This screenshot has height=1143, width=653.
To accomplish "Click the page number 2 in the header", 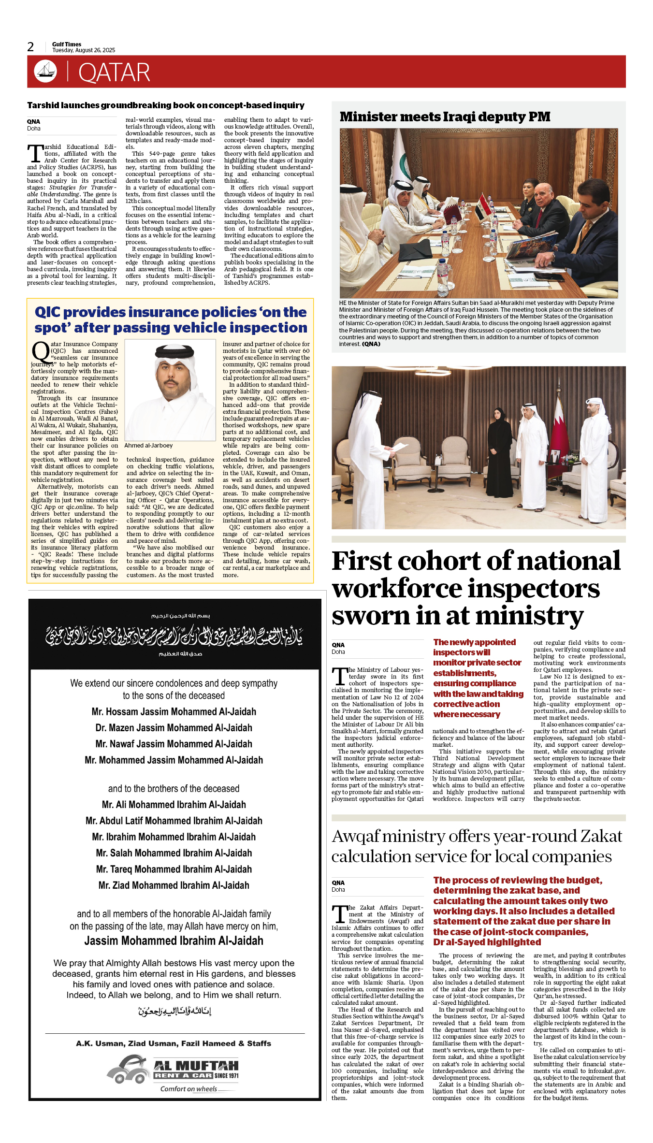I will tap(30, 47).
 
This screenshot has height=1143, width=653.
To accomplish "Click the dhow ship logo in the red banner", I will tap(45, 71).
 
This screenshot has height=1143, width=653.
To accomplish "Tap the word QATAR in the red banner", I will tap(114, 73).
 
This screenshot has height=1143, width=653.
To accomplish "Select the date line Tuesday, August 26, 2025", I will tap(84, 50).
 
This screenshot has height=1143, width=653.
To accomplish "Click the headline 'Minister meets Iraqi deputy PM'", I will tap(445, 117).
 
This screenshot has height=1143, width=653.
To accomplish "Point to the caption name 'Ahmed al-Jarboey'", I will tap(148, 446).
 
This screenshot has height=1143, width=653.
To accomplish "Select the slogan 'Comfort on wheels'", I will tap(189, 1089).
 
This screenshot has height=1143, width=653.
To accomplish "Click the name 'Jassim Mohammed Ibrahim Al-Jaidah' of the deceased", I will tap(174, 941).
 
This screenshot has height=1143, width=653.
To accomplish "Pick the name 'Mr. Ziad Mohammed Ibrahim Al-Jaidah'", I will tap(174, 885).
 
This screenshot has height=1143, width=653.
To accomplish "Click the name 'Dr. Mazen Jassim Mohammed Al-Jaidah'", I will tap(174, 728).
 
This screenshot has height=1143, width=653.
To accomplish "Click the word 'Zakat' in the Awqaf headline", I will tap(601, 836).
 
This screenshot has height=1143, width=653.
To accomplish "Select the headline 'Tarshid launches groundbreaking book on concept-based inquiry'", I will tap(166, 105).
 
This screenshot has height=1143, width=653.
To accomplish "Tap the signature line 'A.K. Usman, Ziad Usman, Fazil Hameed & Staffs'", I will tap(174, 1043).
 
